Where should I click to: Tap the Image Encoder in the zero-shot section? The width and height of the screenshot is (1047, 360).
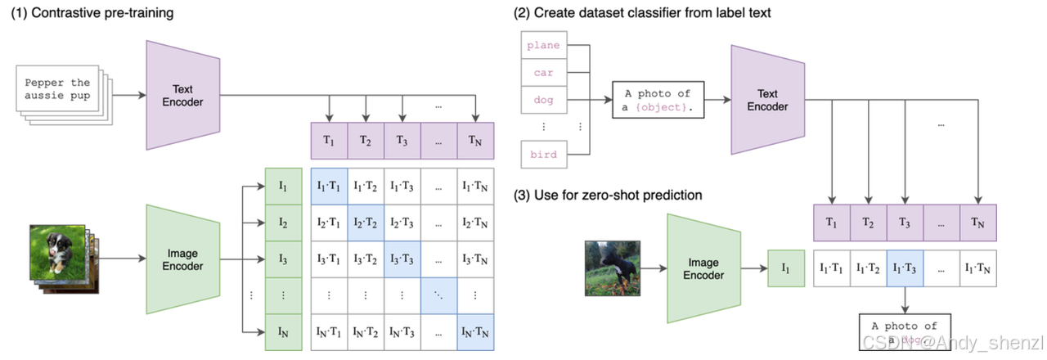tap(703, 269)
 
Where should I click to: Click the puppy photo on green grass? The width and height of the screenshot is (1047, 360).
tap(55, 250)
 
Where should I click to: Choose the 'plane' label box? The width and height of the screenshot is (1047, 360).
tap(543, 47)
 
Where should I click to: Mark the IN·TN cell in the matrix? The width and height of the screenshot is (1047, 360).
tap(475, 332)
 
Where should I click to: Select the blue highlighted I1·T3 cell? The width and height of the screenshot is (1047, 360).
tap(905, 268)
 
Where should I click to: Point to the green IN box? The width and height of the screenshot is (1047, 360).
tap(283, 332)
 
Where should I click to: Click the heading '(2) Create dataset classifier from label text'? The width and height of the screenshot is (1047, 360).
tap(642, 13)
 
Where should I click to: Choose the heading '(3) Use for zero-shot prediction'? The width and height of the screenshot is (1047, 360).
tap(609, 195)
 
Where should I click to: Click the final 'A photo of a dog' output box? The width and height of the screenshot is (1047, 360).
tap(905, 333)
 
